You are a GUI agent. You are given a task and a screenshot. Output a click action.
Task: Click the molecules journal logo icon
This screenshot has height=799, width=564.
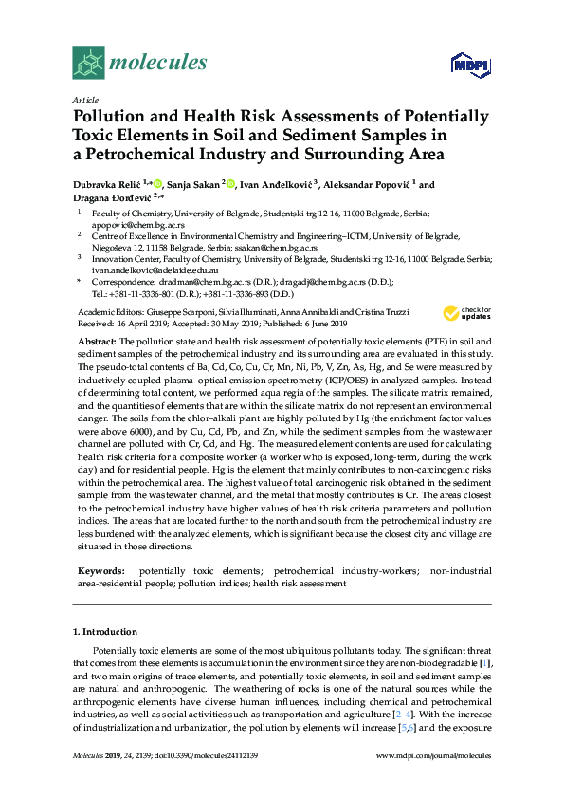[89, 65]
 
